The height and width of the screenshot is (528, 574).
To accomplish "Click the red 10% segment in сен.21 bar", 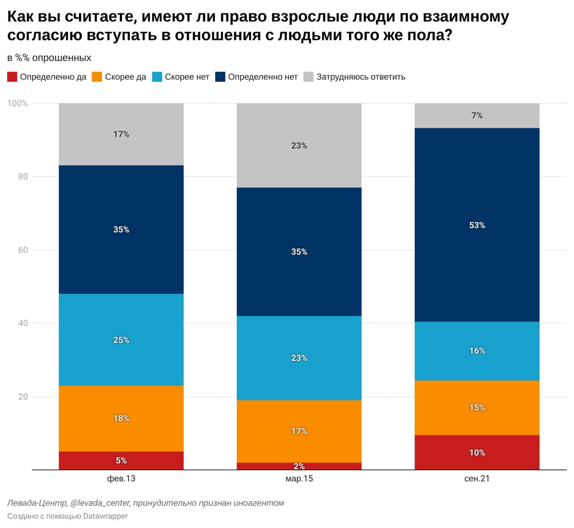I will tap(477, 452).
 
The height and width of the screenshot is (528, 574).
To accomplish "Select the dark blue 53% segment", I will tap(477, 225).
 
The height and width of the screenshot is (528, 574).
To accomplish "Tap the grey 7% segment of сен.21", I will tap(477, 116).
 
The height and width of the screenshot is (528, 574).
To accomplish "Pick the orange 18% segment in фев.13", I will tap(121, 418).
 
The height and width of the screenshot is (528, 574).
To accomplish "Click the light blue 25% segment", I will tap(121, 340).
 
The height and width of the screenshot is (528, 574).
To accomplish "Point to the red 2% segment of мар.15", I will tap(299, 466).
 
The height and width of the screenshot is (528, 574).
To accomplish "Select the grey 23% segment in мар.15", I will tap(299, 145).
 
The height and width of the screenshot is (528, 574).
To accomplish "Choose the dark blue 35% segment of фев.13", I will tap(121, 229).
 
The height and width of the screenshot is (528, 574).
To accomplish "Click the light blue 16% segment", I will tap(477, 351).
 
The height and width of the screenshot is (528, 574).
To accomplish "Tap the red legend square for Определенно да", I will tap(12, 77).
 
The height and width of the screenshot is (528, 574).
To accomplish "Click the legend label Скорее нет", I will tap(187, 77).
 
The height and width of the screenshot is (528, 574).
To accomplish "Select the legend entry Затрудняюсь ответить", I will tap(361, 77).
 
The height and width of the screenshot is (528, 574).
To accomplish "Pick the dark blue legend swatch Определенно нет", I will tap(220, 77).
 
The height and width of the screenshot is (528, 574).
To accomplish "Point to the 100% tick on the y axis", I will tap(17, 103).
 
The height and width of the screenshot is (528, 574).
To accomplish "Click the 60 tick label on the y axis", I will tap(23, 250).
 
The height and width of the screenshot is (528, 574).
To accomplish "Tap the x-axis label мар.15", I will tap(299, 479).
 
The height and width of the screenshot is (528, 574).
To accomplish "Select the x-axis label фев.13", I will tap(121, 479).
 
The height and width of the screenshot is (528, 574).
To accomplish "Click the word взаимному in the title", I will tap(466, 17).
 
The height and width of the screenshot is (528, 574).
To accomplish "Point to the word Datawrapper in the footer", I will tap(105, 516).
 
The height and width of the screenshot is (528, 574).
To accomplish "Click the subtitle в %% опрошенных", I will tap(49, 58).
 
